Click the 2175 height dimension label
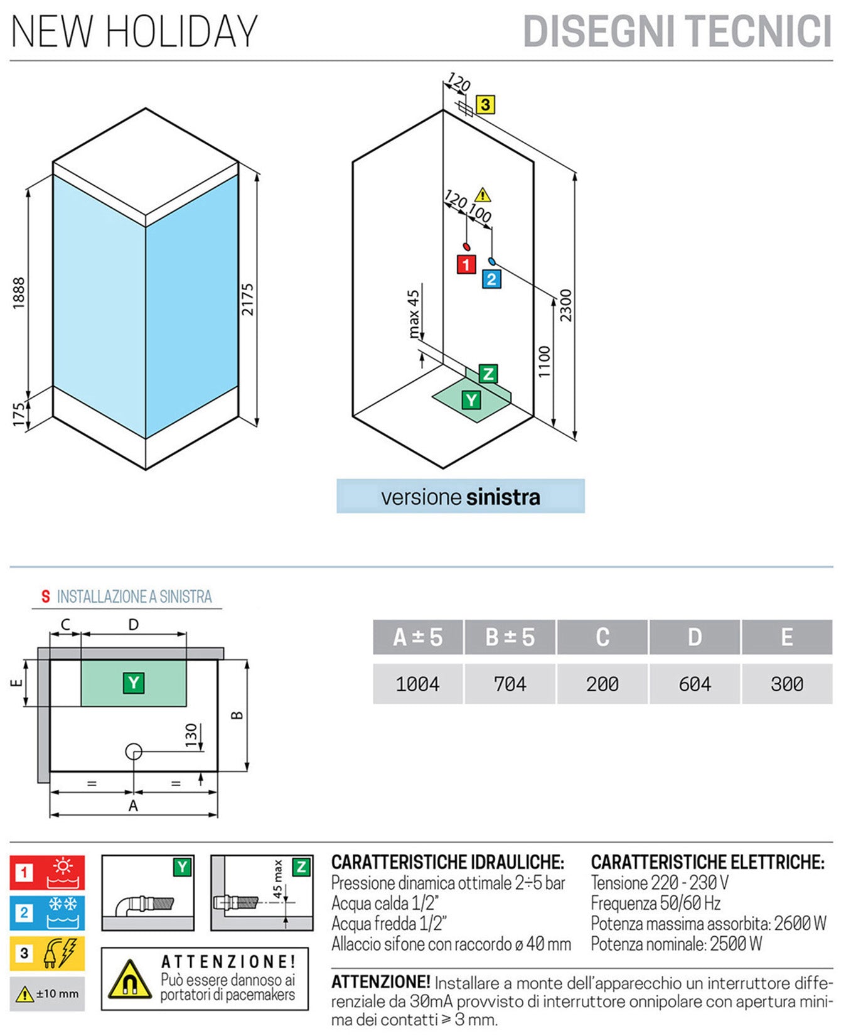click(247, 299)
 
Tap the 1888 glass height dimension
click(19, 293)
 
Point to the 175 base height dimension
click(19, 414)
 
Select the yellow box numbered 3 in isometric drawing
click(485, 104)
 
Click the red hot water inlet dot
click(466, 247)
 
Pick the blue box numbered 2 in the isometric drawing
click(491, 279)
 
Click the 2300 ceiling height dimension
click(565, 305)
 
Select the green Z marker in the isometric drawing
click(488, 374)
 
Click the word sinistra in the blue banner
click(503, 497)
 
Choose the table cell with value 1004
click(417, 684)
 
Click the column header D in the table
click(694, 637)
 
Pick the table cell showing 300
click(786, 684)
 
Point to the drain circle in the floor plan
click(134, 751)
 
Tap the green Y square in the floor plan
click(134, 683)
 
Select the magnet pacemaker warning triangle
click(129, 980)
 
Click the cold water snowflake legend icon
click(63, 912)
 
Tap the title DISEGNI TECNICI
click(677, 31)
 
